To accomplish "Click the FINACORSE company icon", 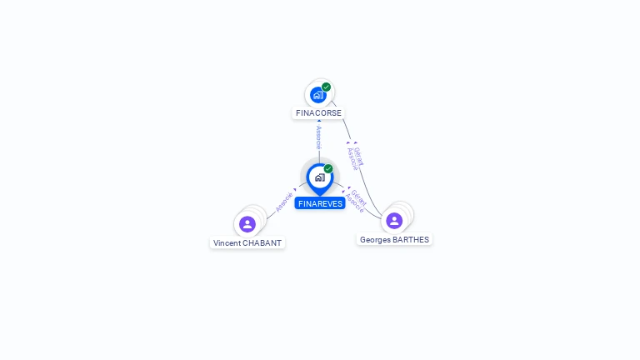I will click(317, 95).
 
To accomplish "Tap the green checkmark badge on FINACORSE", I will click(327, 87).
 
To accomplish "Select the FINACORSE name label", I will click(318, 112).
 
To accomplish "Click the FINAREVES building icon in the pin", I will click(319, 177).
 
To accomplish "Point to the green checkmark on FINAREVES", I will click(328, 168).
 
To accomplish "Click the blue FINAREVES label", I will click(319, 203).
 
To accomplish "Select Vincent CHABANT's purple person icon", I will click(247, 224).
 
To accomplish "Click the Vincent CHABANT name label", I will click(247, 243).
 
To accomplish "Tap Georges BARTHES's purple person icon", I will click(394, 220).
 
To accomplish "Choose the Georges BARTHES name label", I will click(394, 239).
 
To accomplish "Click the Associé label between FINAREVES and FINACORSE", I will click(318, 137).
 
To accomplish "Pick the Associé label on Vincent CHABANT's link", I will click(284, 201).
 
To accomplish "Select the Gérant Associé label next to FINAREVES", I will click(356, 201).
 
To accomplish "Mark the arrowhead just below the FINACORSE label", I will click(318, 122).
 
